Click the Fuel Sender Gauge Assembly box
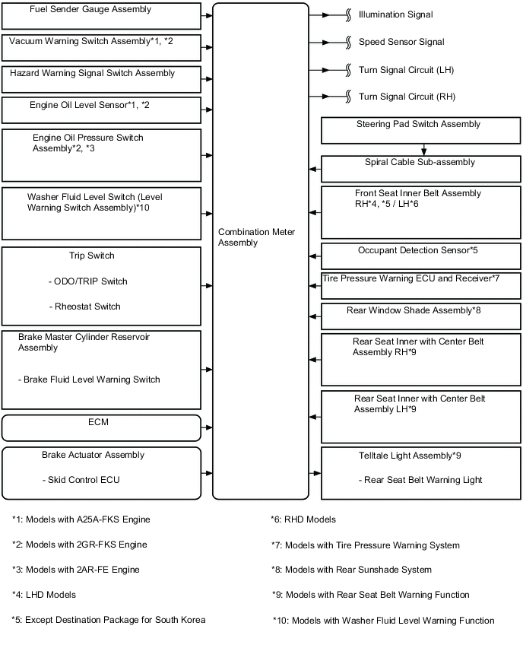click(x=101, y=15)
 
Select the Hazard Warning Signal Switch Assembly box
click(x=101, y=79)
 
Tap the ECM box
click(x=101, y=427)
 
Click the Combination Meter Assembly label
click(x=256, y=237)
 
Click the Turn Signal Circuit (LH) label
click(x=407, y=70)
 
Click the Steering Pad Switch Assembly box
click(x=420, y=130)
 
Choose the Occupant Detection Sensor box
click(x=420, y=256)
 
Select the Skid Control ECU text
click(x=81, y=480)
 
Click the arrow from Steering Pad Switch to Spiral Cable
click(x=424, y=150)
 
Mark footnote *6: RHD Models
click(x=303, y=519)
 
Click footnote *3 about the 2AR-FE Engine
click(x=75, y=570)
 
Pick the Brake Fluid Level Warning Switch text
click(x=89, y=380)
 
